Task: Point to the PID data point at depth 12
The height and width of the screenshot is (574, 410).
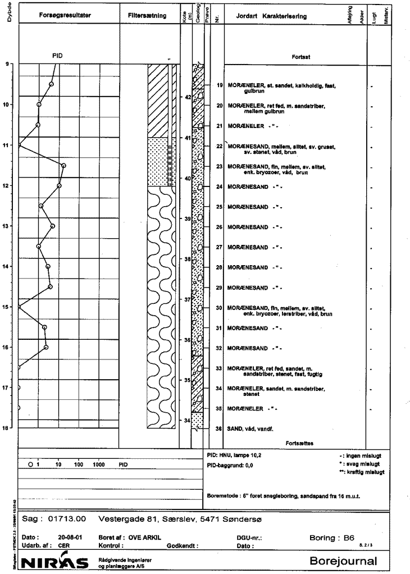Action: pos(59,185)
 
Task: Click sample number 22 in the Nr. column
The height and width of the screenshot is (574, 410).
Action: pos(220,146)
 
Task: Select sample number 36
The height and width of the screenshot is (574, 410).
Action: pos(220,429)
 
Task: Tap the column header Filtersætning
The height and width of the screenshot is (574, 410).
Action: pos(147,16)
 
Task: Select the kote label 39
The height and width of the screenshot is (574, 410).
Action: pos(187,218)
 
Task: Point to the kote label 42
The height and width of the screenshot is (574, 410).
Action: pos(188,97)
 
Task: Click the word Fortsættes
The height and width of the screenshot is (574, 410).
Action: pos(299,443)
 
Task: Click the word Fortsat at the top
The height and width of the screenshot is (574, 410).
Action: pos(299,57)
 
